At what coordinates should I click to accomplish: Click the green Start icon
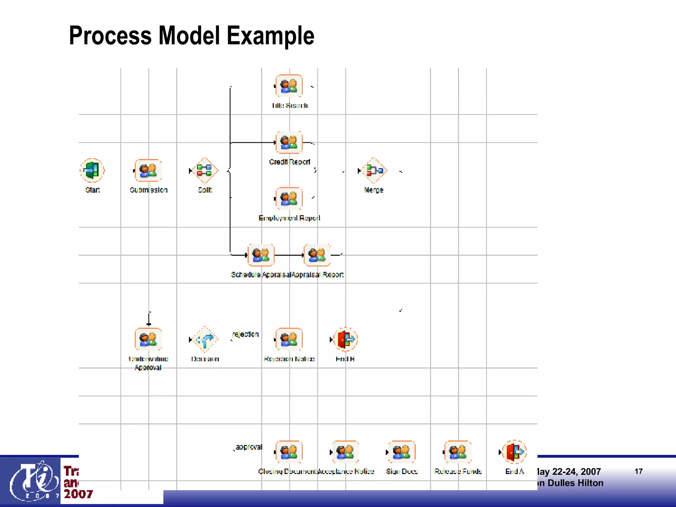92,170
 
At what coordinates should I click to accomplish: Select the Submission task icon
148,170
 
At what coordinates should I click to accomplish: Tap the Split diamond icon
205,170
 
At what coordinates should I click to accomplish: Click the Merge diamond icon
374,170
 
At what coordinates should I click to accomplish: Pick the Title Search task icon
289,86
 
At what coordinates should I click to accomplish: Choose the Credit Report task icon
289,142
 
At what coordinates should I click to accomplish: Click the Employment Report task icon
289,198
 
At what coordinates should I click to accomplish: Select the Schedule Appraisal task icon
261,255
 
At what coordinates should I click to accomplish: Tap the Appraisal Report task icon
317,255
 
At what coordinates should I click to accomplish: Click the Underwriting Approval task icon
148,339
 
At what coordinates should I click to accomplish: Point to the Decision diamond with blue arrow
205,339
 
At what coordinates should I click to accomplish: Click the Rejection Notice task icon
289,339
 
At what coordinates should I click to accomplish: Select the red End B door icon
346,339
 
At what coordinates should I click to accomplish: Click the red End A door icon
514,452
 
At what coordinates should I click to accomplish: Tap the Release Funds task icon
458,452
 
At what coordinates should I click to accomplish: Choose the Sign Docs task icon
402,452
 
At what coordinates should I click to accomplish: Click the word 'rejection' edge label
245,334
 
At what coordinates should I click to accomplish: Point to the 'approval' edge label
249,447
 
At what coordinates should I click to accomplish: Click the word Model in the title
189,36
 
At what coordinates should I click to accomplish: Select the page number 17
638,471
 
